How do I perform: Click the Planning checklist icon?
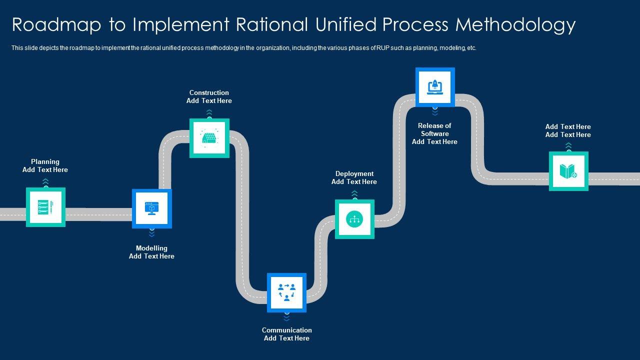[x=45, y=207]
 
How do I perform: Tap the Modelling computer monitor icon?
[x=151, y=208]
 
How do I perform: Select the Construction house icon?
[x=209, y=138]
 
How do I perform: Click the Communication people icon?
[x=286, y=292]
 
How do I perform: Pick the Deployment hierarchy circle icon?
[x=354, y=219]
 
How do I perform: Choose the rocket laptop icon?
[x=435, y=87]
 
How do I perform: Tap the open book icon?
[x=568, y=171]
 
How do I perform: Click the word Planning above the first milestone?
[x=45, y=161]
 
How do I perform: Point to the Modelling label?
[x=151, y=248]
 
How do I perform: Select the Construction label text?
[x=209, y=92]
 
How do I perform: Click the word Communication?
[x=286, y=330]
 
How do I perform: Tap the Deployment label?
[x=354, y=173]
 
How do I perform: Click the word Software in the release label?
[x=435, y=133]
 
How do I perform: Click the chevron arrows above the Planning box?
[x=45, y=181]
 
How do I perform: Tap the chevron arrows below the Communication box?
[x=286, y=317]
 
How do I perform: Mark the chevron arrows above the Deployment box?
[x=354, y=193]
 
